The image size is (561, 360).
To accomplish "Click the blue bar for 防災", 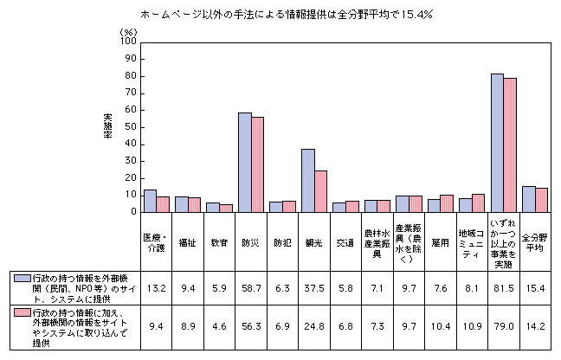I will [x=245, y=163].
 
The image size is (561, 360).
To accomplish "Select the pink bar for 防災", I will [x=258, y=165].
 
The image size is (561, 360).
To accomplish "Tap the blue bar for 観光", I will [x=307, y=181].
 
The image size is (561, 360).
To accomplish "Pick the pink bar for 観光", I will [x=321, y=191].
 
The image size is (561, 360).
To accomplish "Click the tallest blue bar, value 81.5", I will [x=497, y=143].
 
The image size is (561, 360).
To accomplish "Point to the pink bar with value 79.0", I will [x=510, y=145].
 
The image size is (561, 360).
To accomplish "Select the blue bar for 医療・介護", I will [x=150, y=201].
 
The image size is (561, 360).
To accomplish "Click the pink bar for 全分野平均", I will [x=541, y=200].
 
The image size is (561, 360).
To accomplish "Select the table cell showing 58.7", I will [x=251, y=286].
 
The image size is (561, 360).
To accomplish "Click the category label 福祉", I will [x=188, y=244].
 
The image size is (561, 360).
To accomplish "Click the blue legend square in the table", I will [x=17, y=277].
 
